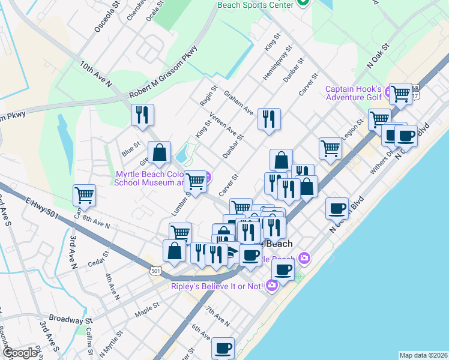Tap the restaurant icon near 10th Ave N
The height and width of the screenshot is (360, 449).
(x=142, y=115)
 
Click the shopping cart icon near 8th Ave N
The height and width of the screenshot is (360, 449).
(x=85, y=195)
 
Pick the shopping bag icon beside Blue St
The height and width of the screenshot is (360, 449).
(x=160, y=153)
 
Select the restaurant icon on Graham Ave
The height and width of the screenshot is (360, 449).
(x=269, y=118)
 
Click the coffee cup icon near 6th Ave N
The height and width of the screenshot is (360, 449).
(x=223, y=347)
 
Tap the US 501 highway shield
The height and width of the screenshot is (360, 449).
(x=155, y=272)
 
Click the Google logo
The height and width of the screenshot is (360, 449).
(x=20, y=353)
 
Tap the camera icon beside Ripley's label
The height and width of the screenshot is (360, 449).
(x=271, y=285)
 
